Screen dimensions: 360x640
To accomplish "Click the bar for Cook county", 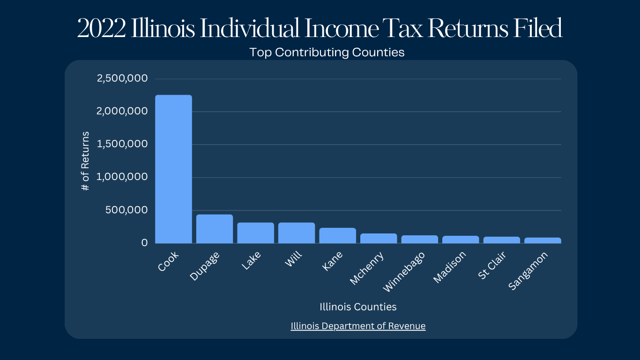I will coord(173,169).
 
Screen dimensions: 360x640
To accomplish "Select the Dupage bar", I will coord(215,229).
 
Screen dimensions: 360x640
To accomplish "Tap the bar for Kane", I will coord(337,235).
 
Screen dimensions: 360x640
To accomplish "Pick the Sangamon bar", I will coord(543,240).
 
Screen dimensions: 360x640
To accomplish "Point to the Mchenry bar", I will coord(379,238).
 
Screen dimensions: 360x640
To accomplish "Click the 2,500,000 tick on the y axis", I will coord(122,78).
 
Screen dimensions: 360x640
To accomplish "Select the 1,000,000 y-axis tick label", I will coord(122,177).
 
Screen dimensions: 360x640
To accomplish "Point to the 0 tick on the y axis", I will coord(144,243).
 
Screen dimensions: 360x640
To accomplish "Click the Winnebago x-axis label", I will coord(404,272).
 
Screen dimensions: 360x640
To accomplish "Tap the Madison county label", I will coord(450,268).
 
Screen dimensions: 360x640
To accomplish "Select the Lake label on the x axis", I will coord(251,261).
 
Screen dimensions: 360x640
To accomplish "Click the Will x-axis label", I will coord(293,259).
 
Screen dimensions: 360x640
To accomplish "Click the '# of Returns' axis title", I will coord(85,161).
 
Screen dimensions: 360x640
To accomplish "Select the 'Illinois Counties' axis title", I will coord(358,307).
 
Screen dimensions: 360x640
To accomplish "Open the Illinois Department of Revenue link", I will coord(358,326).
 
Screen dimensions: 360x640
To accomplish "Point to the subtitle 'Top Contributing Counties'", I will coord(327,52).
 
